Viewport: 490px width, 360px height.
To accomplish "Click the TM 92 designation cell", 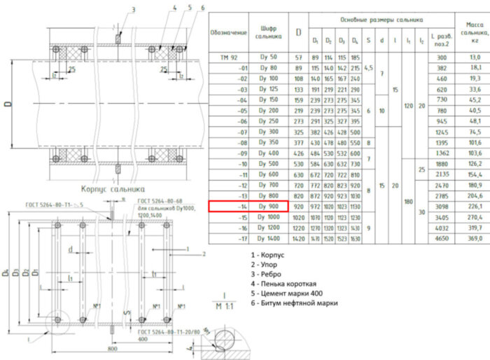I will pos(229,57).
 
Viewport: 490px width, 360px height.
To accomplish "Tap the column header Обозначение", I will pos(229,33).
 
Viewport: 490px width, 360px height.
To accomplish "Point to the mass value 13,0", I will pos(475,57).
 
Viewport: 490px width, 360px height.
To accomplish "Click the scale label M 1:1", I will pos(225,306).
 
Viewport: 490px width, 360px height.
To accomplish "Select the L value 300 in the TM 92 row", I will pos(441,57).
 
